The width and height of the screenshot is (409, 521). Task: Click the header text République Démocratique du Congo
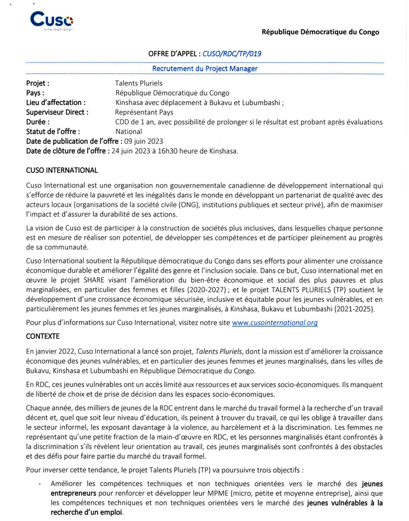pos(320,32)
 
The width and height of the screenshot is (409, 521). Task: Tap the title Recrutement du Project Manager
pos(204,68)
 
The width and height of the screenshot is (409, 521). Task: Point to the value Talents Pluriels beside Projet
pos(139,83)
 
